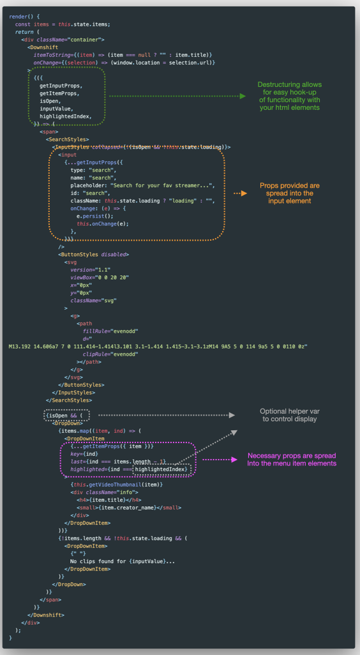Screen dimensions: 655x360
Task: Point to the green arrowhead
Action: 242,96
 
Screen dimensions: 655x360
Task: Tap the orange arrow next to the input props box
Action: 240,192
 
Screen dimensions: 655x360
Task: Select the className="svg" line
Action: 93,300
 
